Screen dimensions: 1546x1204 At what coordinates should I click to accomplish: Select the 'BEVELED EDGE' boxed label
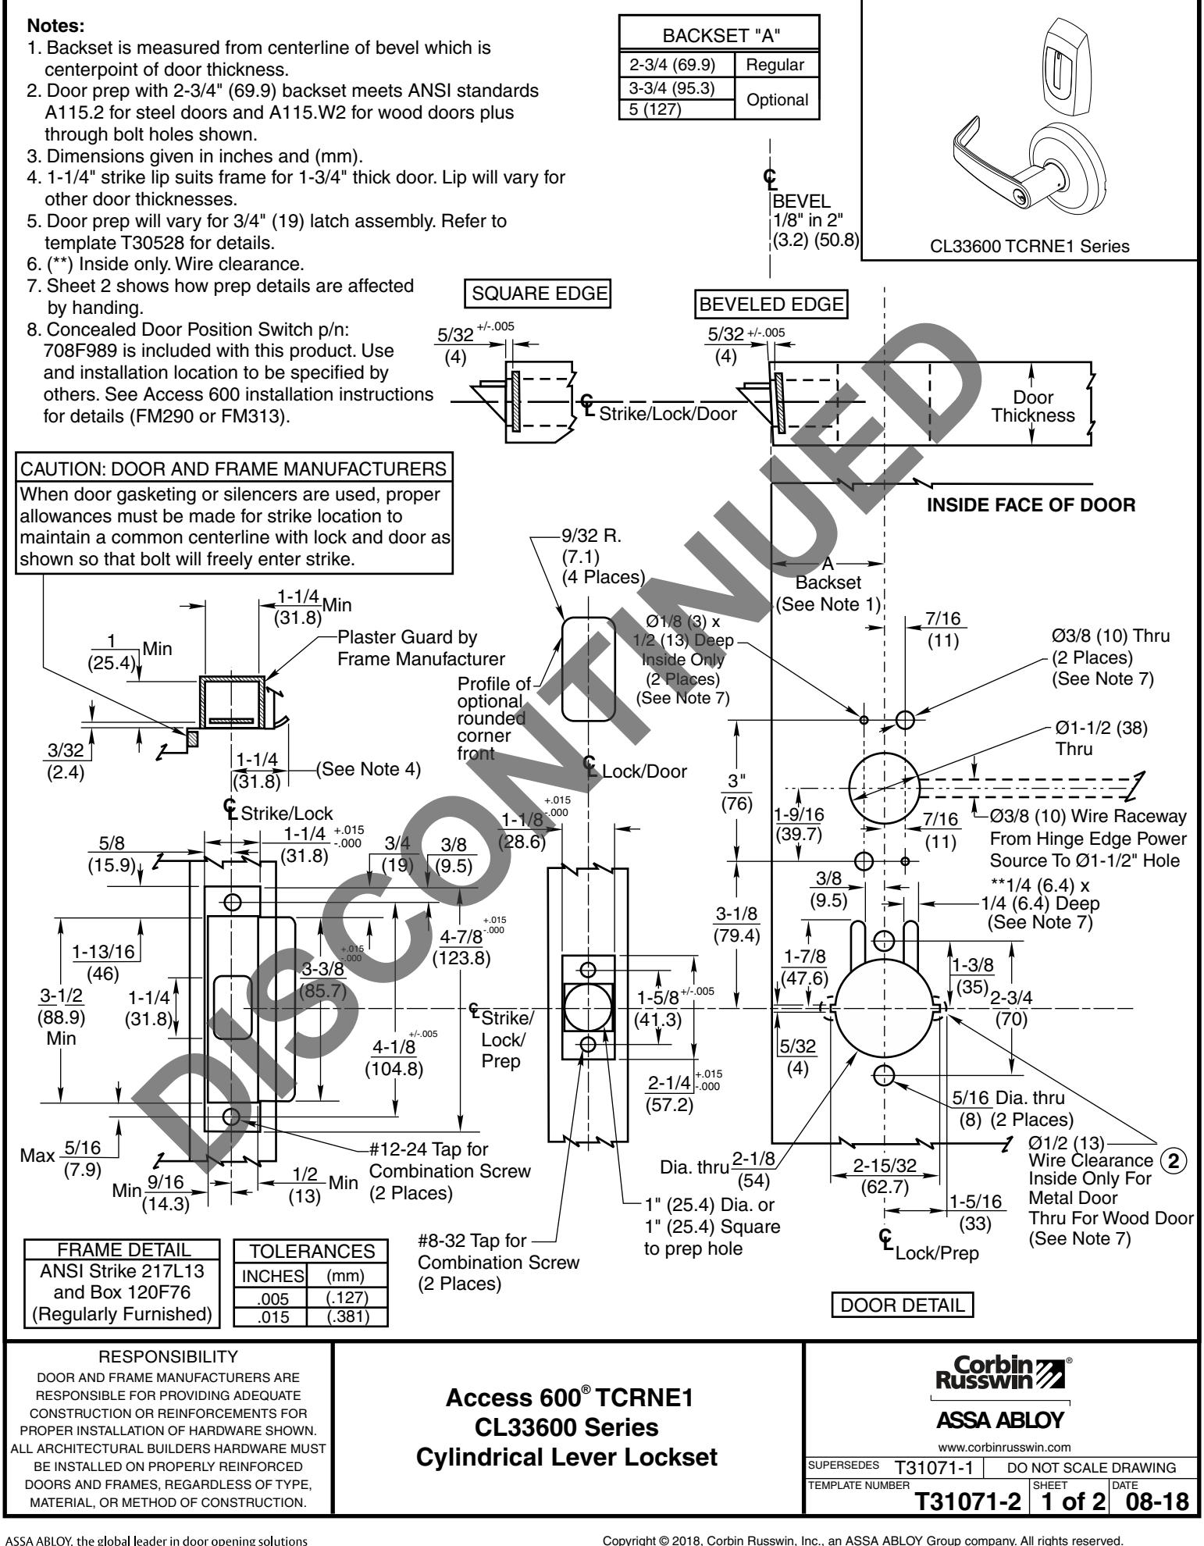click(x=771, y=305)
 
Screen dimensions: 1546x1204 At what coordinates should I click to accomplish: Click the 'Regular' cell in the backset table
click(x=776, y=64)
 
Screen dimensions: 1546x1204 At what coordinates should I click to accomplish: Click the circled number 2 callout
click(x=1173, y=1161)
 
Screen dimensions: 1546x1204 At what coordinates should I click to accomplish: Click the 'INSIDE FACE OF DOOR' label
click(x=1030, y=505)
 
